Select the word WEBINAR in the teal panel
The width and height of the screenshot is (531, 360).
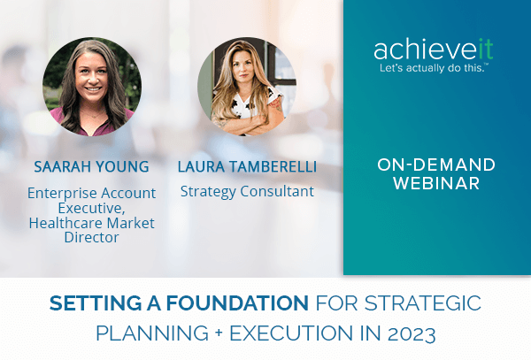pos(437,184)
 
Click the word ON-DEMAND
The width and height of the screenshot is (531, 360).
pos(436,165)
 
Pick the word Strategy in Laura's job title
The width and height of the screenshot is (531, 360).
pos(208,191)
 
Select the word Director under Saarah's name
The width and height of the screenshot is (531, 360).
pos(92,238)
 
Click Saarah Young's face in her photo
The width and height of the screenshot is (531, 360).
pos(90,76)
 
